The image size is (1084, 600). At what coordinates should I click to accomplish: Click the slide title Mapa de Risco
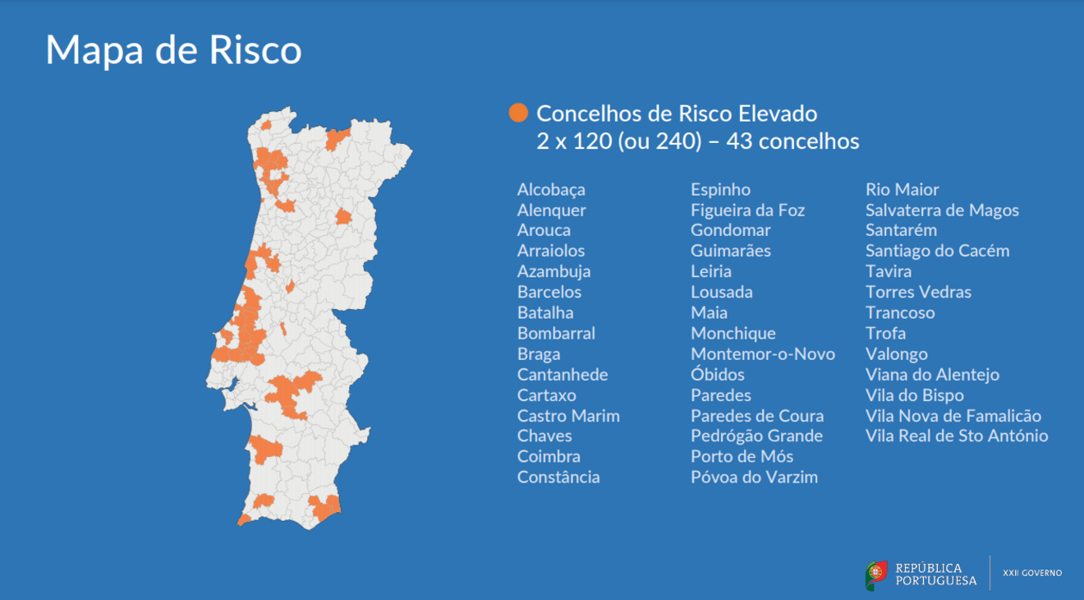[x=173, y=50]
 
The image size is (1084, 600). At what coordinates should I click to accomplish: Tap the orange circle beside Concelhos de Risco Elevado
[x=518, y=113]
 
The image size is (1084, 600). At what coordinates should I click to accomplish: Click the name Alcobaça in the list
[x=551, y=190]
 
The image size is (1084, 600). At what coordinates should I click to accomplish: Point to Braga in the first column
[x=539, y=354]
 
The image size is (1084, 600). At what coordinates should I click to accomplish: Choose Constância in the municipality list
[x=558, y=478]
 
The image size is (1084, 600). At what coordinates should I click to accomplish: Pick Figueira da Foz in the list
[x=747, y=210]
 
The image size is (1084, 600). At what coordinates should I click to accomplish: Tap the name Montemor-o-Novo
[x=762, y=354]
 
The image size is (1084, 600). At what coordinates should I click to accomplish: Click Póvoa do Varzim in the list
[x=754, y=478]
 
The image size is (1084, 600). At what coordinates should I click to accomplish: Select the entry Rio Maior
[x=902, y=190]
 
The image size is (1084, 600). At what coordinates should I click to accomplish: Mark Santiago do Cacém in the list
[x=937, y=252]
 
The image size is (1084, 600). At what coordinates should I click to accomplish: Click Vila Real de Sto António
[x=957, y=436]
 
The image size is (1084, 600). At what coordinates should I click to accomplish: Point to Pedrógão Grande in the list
[x=756, y=436]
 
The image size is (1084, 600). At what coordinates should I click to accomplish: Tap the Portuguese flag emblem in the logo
[x=876, y=575]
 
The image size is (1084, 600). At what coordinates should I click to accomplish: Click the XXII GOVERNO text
[x=1032, y=573]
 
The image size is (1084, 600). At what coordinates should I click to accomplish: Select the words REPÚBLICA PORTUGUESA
[x=935, y=575]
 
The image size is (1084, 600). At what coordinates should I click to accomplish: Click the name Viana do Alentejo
[x=932, y=375]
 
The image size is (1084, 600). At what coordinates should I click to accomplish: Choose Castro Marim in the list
[x=568, y=416]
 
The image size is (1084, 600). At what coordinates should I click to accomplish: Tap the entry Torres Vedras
[x=918, y=293]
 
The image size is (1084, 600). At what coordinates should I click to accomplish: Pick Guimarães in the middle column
[x=730, y=252]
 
